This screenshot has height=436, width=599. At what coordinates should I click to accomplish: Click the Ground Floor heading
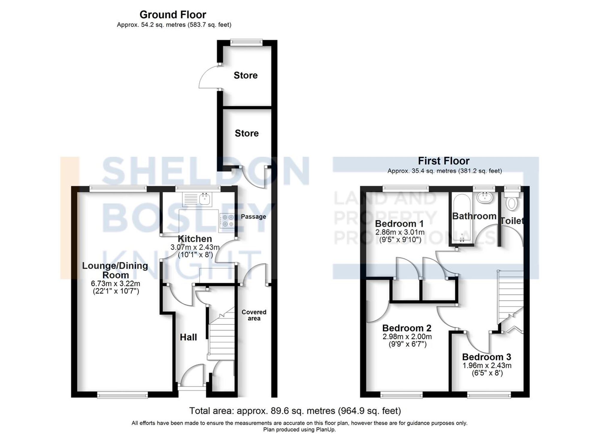(x=173, y=14)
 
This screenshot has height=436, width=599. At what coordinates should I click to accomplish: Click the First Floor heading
(x=443, y=161)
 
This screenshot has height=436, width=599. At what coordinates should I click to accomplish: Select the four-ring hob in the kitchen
(x=227, y=221)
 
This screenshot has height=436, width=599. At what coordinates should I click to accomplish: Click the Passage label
(x=253, y=216)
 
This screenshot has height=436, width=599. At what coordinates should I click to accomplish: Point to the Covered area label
(x=254, y=315)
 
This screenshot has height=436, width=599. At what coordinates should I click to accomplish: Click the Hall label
(x=188, y=337)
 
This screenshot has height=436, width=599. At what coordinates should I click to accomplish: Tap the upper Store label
(x=246, y=75)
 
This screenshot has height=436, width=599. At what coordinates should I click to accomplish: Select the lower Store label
(x=246, y=133)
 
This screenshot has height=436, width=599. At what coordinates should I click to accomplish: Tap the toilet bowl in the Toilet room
(x=512, y=203)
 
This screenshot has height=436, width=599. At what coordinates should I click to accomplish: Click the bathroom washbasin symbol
(x=484, y=197)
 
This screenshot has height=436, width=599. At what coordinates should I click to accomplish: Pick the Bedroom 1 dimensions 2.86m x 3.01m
(x=400, y=232)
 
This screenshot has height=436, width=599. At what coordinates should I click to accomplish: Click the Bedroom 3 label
(x=486, y=357)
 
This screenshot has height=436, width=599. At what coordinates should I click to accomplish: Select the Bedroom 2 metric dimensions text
(x=407, y=337)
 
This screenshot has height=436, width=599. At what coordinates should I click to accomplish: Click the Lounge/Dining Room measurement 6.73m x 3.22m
(x=116, y=283)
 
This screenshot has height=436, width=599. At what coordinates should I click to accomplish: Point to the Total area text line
(x=295, y=411)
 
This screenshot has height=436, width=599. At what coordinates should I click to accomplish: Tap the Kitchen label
(x=195, y=239)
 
